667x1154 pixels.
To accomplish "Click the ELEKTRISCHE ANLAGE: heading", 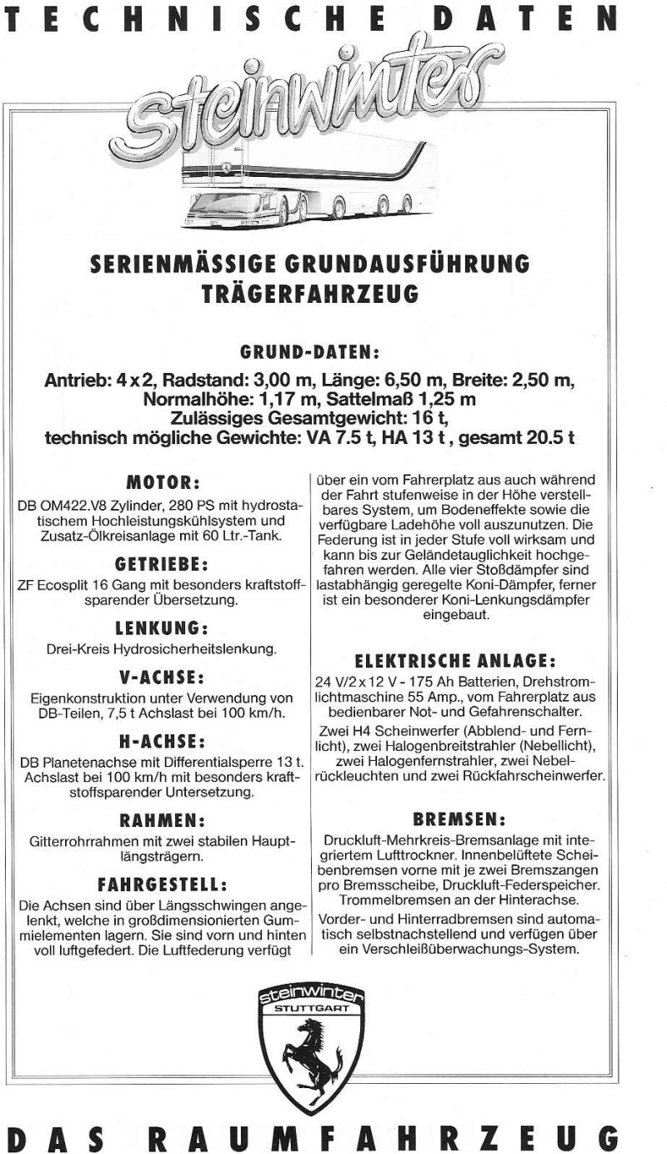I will (455, 661).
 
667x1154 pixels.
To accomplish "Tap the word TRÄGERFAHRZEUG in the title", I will (310, 294).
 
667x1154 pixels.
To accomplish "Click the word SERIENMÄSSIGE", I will (188, 265).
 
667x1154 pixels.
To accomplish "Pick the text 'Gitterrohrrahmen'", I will (79, 842).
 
